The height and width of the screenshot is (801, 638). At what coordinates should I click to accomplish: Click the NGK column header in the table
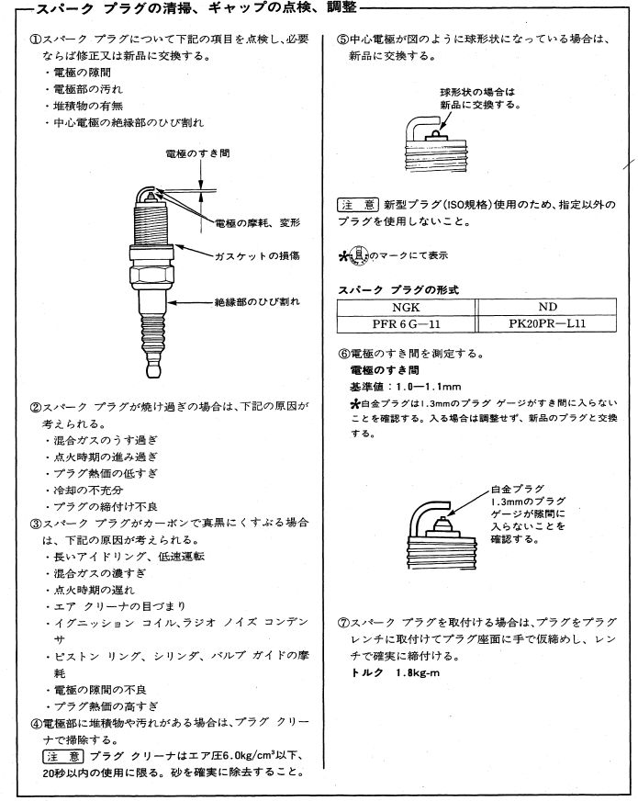(401, 309)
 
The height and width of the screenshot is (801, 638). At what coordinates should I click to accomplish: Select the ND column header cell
(547, 309)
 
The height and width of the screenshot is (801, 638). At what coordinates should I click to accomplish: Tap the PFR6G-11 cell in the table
(401, 324)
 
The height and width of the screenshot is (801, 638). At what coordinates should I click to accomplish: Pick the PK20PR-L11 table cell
(547, 324)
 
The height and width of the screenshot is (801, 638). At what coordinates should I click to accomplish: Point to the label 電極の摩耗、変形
(258, 223)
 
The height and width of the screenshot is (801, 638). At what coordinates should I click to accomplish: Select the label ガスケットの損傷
(257, 255)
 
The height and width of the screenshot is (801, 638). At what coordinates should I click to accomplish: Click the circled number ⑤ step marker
(341, 40)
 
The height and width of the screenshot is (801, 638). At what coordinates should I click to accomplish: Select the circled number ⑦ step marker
(341, 622)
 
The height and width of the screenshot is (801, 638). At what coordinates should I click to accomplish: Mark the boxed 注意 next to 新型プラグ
(358, 204)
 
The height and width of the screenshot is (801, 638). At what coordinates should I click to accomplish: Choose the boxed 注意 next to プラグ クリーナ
(63, 756)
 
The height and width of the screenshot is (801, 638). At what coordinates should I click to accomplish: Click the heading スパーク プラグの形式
(398, 290)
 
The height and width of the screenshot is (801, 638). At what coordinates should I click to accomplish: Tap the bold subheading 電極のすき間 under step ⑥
(385, 370)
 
